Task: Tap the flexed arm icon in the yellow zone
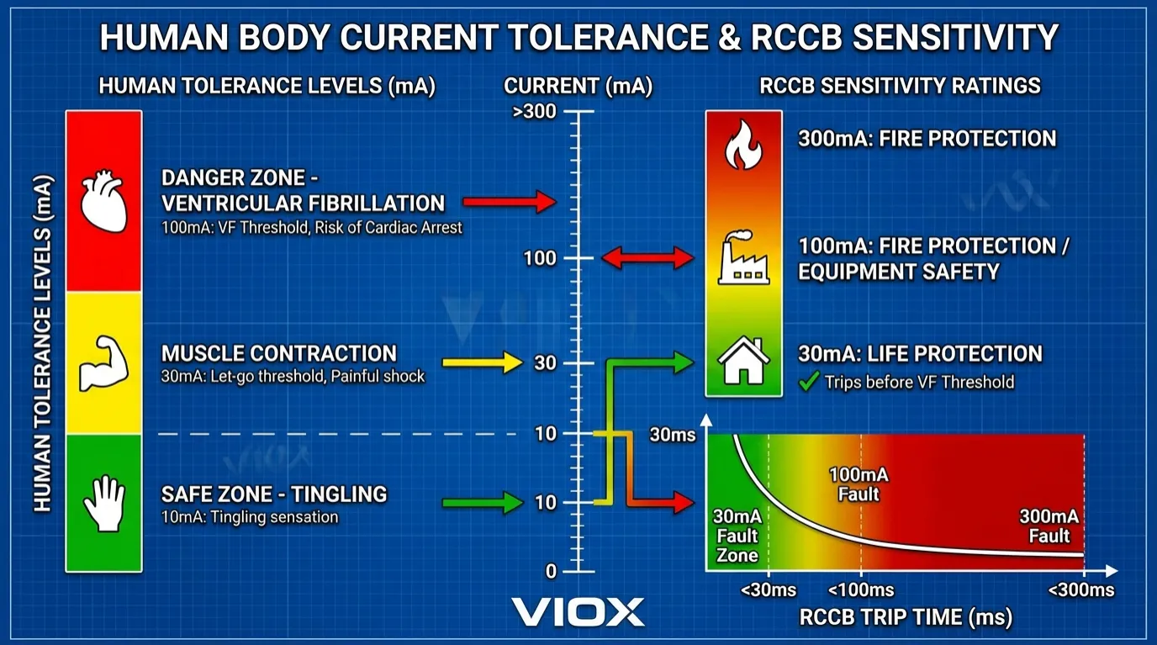(x=103, y=364)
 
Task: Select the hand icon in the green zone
(x=104, y=503)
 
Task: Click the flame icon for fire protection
(x=743, y=145)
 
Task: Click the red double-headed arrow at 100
(x=648, y=258)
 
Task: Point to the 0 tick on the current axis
(x=551, y=572)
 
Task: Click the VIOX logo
(x=578, y=611)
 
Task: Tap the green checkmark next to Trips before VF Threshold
(x=808, y=383)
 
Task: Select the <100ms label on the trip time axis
(x=861, y=590)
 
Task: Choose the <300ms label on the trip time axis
(x=1081, y=590)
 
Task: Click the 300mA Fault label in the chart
(x=1049, y=526)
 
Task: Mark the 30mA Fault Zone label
(x=737, y=536)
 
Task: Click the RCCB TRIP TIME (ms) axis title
(x=906, y=618)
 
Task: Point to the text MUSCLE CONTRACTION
(x=278, y=353)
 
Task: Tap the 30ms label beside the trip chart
(x=672, y=435)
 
